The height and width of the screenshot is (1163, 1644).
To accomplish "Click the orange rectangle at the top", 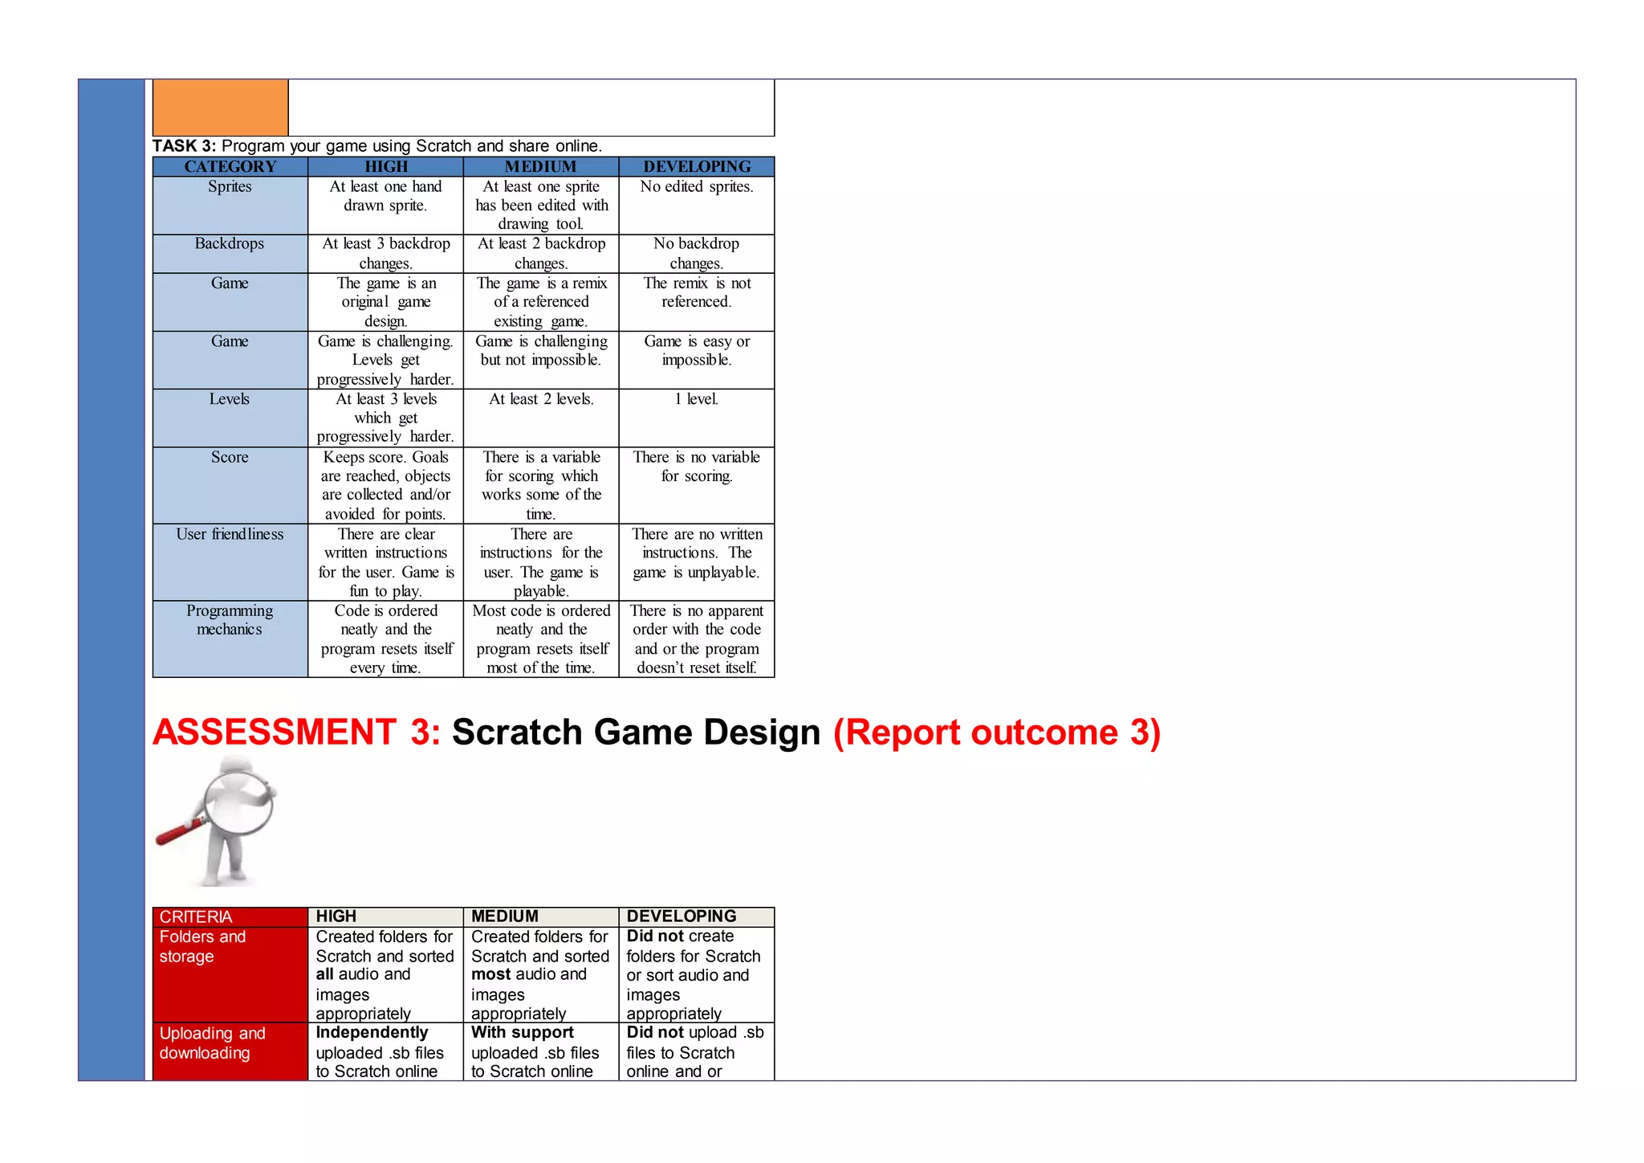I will tap(220, 108).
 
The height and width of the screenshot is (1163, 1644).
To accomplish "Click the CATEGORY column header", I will tap(230, 166).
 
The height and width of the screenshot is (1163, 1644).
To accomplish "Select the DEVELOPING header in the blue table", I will tap(697, 166).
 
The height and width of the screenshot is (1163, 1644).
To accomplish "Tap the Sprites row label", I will tap(230, 186).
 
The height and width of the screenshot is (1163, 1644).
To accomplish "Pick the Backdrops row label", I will tap(230, 243).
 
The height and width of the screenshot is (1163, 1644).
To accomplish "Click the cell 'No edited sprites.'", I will tap(697, 186).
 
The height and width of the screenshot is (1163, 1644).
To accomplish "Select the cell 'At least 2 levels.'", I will tap(541, 399).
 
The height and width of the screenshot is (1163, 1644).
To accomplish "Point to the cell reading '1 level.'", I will tap(697, 399).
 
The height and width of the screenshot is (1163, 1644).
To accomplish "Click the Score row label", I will tap(230, 457).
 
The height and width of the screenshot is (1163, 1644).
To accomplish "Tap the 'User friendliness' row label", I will tap(230, 534).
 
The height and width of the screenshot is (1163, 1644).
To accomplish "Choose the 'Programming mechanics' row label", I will tap(230, 620).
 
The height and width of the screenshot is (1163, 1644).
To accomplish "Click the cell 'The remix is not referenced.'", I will tap(697, 292).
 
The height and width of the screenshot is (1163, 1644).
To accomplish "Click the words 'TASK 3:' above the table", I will tap(185, 146).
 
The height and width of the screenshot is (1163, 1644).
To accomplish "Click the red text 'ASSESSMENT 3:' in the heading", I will tap(296, 732).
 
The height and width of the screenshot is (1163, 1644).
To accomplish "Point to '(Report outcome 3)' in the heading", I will tap(997, 732).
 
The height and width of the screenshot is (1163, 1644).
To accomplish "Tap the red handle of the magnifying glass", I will tap(175, 833).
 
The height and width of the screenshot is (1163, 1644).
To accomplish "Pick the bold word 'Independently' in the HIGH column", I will tap(372, 1033).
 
